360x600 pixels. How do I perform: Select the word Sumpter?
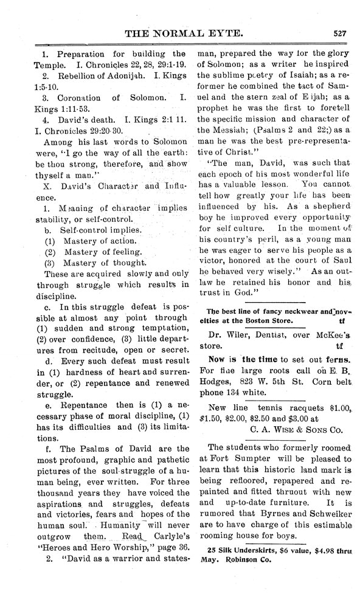[250, 462]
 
